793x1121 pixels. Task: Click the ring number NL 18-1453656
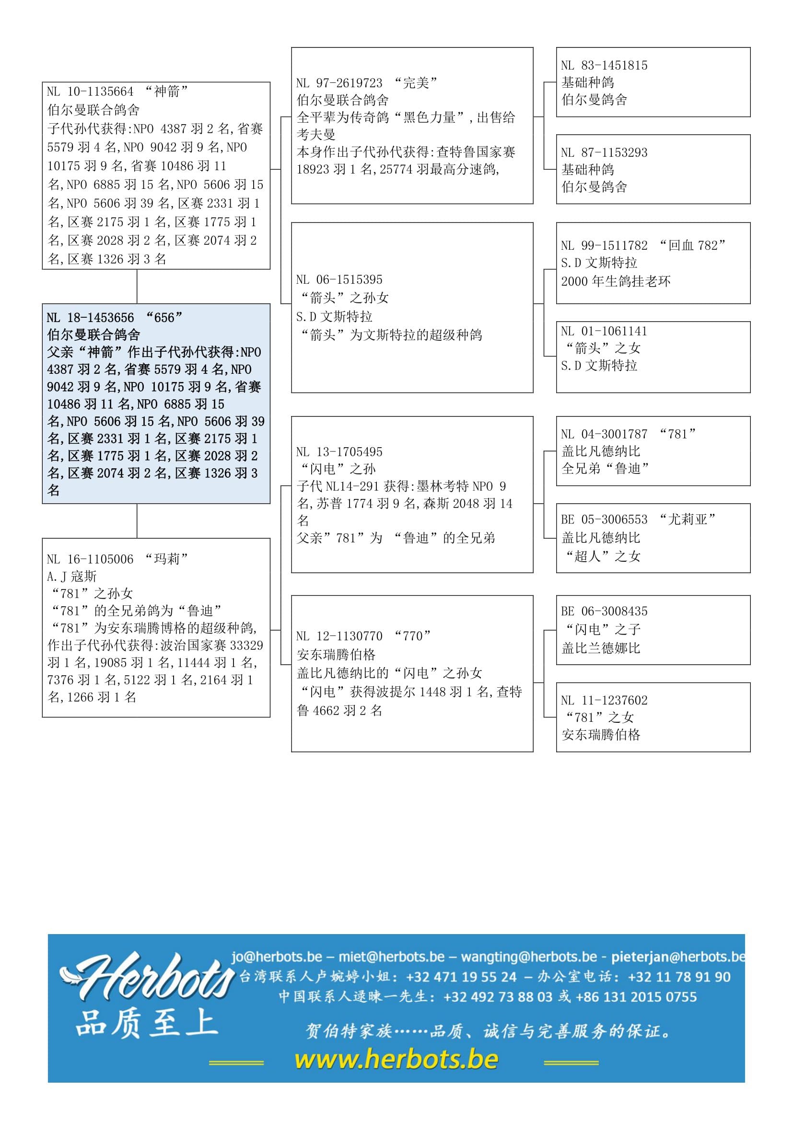coord(90,318)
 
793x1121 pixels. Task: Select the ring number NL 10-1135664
coord(90,92)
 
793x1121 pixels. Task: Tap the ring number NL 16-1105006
coord(90,559)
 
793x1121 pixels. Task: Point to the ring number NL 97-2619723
coord(339,83)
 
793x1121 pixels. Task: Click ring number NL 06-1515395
coord(339,280)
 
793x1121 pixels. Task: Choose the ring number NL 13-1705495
coord(339,452)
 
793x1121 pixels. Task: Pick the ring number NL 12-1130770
coord(339,636)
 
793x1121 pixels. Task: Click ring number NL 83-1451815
coord(604,66)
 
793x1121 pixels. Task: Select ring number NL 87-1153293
coord(604,153)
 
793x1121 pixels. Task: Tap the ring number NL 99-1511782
coord(604,245)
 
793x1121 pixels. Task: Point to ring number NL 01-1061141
coord(604,332)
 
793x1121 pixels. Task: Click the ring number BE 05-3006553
coord(604,520)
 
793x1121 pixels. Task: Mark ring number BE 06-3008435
coord(604,611)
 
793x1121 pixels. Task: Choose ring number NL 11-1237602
coord(604,700)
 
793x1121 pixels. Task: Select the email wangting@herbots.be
coord(529,957)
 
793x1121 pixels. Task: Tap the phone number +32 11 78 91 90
coord(679,977)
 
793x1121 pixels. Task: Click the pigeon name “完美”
coord(416,83)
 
